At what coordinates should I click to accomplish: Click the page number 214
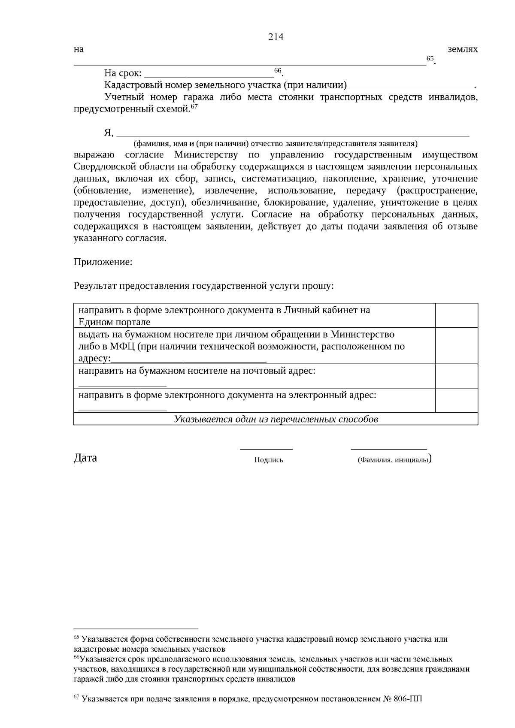276,37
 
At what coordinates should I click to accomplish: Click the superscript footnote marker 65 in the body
430,58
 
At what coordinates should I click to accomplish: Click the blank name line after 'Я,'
293,135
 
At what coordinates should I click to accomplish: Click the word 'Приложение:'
103,262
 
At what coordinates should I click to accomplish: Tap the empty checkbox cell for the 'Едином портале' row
457,315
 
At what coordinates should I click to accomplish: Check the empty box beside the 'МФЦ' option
457,346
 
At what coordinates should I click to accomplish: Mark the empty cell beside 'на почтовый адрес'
457,376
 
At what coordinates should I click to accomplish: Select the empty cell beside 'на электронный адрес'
457,400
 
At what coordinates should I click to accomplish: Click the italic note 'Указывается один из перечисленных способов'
276,419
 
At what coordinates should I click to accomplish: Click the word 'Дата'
85,458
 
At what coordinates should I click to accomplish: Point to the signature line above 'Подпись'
266,449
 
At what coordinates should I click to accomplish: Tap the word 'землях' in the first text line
463,49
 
